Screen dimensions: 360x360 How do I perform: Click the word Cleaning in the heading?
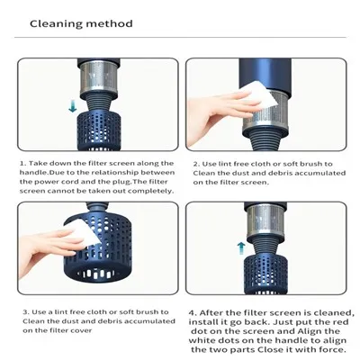click(56, 23)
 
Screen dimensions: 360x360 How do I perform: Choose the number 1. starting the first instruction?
click(22, 164)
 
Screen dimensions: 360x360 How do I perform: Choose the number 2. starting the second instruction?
click(195, 164)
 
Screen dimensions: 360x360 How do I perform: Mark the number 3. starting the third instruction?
click(22, 312)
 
